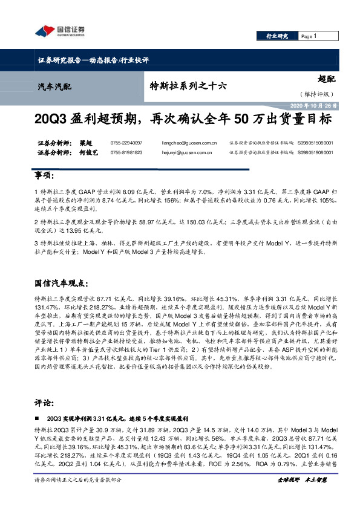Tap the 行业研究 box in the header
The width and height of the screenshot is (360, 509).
tap(278, 36)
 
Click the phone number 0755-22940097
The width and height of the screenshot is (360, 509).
tap(127, 143)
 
